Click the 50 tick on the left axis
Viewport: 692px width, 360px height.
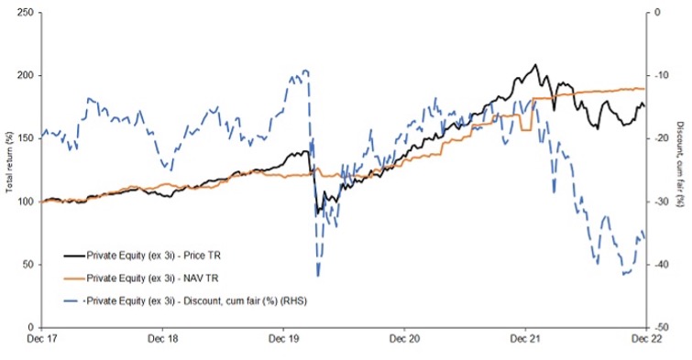tap(30, 264)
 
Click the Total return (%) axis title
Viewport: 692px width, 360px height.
tap(9, 169)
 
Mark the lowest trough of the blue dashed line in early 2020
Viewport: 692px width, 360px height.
tap(318, 275)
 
